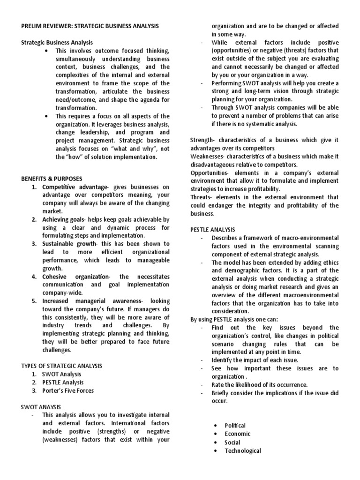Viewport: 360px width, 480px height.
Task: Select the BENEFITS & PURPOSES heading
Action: (52, 179)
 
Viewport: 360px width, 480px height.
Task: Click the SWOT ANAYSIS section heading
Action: (41, 406)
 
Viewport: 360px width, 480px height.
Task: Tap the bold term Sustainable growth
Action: (69, 244)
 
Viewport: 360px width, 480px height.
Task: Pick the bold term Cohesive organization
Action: (72, 276)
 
